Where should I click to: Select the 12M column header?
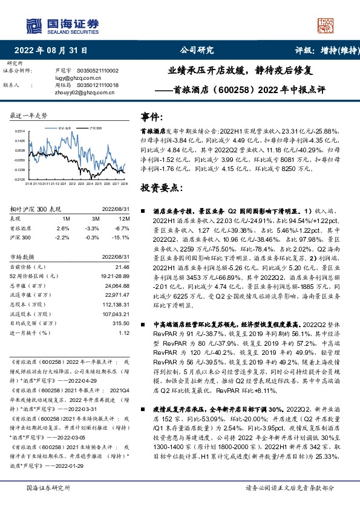(x=125, y=218)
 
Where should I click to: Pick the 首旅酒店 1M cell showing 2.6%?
(x=62, y=228)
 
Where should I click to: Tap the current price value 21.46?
(x=122, y=267)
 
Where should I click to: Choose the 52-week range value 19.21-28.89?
(x=116, y=276)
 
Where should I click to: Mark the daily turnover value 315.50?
(x=121, y=323)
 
